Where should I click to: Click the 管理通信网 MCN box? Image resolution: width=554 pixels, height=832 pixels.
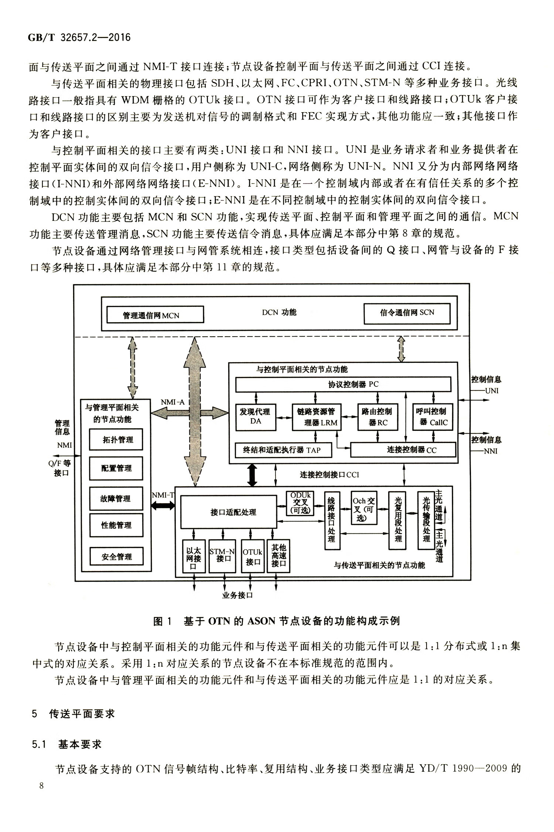pos(155,314)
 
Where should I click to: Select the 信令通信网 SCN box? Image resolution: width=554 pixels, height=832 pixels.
pos(407,313)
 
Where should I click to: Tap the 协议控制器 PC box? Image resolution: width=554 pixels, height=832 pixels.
pos(343,384)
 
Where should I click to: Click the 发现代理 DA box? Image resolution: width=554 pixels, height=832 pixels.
pos(256,417)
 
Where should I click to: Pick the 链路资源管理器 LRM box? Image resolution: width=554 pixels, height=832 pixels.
pos(317,417)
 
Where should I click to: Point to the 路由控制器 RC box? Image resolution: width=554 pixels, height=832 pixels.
pos(378,417)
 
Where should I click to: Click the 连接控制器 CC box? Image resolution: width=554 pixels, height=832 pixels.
pos(403,450)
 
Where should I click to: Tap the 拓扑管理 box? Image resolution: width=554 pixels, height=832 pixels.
pos(116,439)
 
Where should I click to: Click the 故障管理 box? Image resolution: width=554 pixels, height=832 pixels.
pos(116,499)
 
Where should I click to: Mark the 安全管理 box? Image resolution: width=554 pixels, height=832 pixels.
pos(116,557)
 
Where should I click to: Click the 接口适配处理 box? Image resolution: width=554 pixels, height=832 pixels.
pos(229,512)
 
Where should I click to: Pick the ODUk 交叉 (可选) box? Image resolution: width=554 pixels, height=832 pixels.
pos(300,503)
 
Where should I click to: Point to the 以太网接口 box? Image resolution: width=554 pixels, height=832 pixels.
pos(194,556)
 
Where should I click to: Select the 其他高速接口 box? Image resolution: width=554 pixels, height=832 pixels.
pos(278,556)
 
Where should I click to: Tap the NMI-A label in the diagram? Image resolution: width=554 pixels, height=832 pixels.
pos(173,402)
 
